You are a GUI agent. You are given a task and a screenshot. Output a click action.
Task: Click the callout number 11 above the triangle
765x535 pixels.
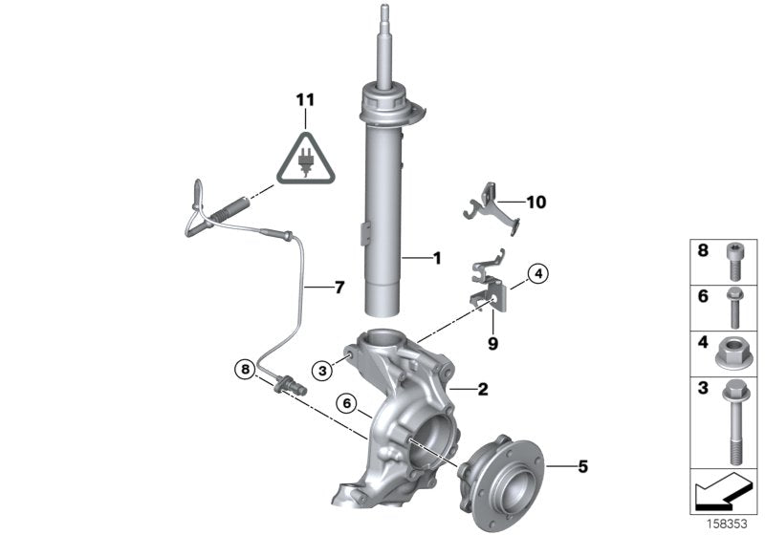pos(304,99)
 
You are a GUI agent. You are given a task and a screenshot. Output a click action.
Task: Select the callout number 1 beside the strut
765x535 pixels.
pos(436,258)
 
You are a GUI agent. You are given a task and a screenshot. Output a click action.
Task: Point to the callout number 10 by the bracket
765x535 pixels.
pos(535,202)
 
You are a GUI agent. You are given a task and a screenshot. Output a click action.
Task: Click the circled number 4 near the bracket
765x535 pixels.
pos(538,275)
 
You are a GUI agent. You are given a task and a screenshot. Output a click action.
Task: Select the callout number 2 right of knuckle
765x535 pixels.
pos(483,389)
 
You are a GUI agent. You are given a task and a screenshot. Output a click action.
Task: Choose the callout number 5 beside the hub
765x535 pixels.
pos(582,466)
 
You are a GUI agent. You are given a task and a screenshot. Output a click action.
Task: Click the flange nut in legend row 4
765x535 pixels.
pos(732,350)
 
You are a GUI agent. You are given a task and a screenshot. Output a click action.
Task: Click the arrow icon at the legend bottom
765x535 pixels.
pos(722,496)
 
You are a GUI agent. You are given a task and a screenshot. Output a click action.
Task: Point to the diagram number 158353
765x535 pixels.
pos(732,524)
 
